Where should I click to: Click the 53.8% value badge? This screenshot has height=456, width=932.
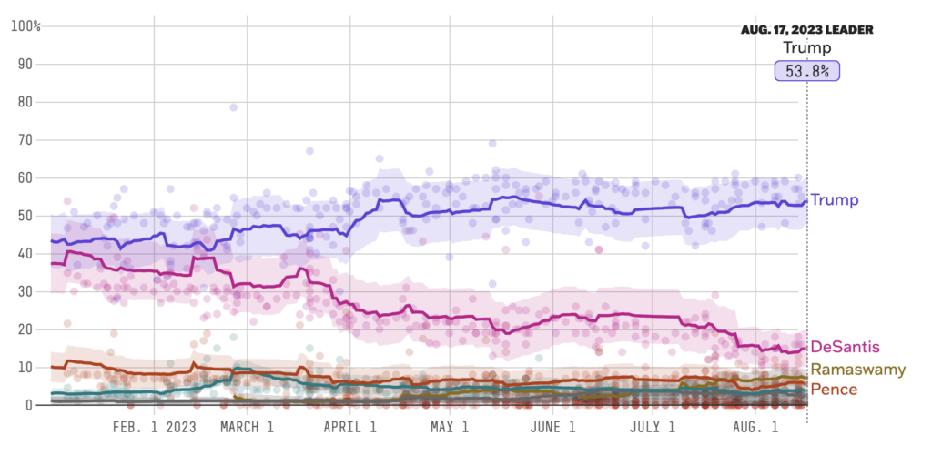tap(806, 71)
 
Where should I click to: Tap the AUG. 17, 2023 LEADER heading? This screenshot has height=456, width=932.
tap(806, 30)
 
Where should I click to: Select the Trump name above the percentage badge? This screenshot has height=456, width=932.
tap(806, 48)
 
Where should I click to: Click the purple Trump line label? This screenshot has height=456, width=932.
tap(835, 199)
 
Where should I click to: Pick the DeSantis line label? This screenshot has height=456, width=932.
tap(846, 347)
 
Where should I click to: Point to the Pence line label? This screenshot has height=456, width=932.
tap(834, 390)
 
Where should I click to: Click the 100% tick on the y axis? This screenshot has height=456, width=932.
tap(25, 25)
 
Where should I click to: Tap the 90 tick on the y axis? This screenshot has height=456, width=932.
tap(28, 64)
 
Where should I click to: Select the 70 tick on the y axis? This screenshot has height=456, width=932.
tap(28, 139)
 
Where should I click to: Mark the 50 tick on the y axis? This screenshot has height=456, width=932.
tap(28, 216)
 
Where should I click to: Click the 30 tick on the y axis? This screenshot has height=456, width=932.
tap(28, 291)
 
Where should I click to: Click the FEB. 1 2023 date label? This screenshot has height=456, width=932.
tap(155, 427)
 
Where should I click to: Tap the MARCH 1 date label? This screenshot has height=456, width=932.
tap(248, 427)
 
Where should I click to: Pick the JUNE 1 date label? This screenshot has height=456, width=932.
tap(553, 427)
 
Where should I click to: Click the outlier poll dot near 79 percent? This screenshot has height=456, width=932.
tap(234, 107)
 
